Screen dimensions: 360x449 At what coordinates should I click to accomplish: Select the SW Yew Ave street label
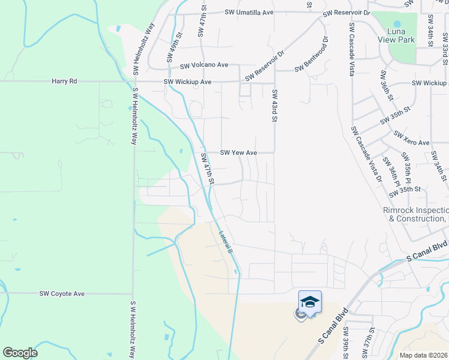coord(238,153)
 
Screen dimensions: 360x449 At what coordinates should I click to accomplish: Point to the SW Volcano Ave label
coord(204,65)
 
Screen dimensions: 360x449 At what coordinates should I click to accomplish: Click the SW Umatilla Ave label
coord(249,12)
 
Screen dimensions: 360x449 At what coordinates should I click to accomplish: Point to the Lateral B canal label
coord(225,242)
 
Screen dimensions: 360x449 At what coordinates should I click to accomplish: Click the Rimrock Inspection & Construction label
coord(415,214)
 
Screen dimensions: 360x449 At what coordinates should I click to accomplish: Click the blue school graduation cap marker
coord(310,301)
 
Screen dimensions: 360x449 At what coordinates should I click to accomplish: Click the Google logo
coord(20,353)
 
